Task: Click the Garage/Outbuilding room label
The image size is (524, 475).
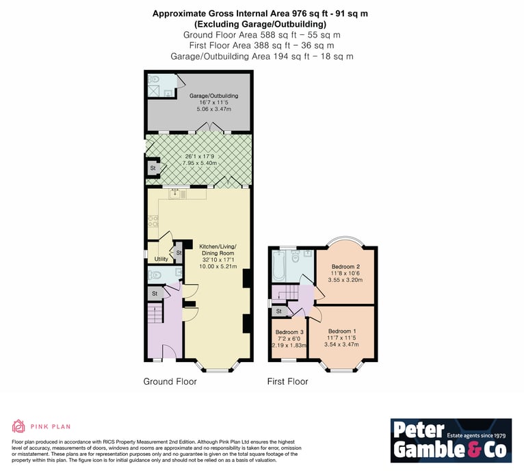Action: click(x=214, y=96)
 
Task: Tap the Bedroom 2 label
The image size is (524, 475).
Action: click(x=345, y=267)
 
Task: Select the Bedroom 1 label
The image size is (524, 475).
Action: click(x=342, y=331)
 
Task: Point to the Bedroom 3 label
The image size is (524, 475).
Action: click(x=289, y=332)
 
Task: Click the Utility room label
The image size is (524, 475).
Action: click(x=161, y=259)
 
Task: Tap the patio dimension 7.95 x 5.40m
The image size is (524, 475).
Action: click(x=200, y=163)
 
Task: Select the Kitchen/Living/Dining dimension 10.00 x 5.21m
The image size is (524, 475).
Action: click(x=218, y=266)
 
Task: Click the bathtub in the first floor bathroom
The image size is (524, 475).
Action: click(x=278, y=266)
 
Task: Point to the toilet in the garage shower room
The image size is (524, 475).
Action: click(x=154, y=79)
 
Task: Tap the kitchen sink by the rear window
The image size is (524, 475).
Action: click(x=174, y=194)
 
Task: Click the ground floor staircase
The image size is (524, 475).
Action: click(x=155, y=313)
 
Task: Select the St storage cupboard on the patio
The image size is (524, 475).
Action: click(x=153, y=168)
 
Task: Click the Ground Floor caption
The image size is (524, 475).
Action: click(x=170, y=381)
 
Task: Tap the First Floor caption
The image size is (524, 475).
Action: click(x=288, y=381)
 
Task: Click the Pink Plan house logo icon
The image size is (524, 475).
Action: click(x=18, y=426)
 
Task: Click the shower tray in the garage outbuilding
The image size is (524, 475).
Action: click(x=155, y=91)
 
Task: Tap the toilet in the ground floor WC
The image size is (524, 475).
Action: click(x=155, y=275)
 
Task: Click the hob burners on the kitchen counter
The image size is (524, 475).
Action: click(x=153, y=221)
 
